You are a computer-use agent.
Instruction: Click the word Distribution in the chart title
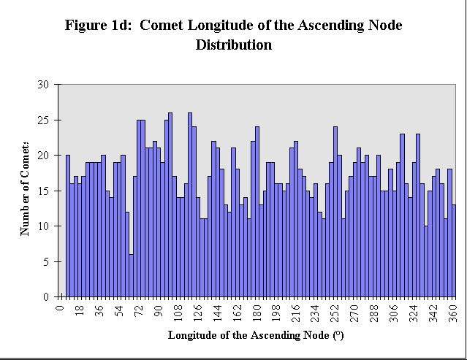tap(234, 45)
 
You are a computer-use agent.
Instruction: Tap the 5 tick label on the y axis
tap(45, 261)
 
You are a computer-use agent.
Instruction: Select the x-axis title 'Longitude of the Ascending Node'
tap(256, 337)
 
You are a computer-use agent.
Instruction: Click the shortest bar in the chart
tap(131, 275)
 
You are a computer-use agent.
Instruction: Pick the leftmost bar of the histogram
tap(68, 226)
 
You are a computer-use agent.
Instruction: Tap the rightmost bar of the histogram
tap(454, 251)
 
